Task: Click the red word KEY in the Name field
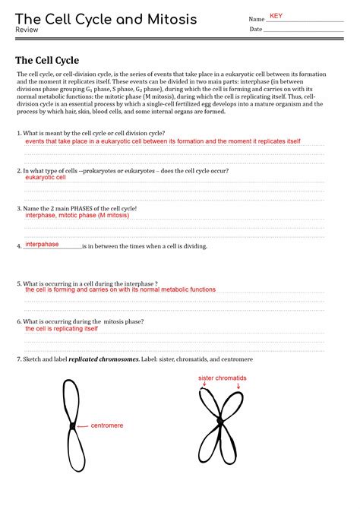276,16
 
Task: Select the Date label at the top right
255,30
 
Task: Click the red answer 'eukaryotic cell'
46,177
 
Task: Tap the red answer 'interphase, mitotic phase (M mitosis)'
77,215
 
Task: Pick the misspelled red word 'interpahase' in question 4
43,245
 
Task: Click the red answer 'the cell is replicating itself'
62,329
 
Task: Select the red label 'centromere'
107,425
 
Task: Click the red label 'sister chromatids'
223,378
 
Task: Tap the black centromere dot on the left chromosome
72,426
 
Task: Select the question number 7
18,359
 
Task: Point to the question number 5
18,283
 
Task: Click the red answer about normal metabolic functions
120,289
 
